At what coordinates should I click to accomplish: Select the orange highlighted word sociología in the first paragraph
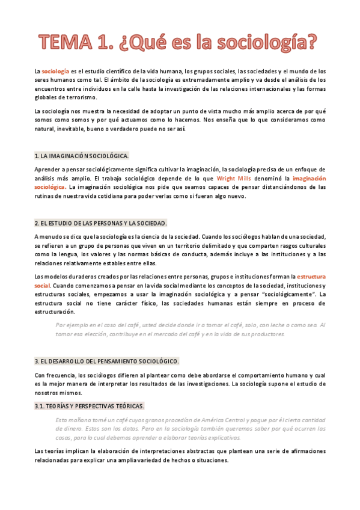coord(55,71)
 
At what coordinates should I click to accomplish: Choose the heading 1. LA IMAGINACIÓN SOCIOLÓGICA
coord(82,156)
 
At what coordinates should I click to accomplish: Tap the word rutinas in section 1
coord(45,196)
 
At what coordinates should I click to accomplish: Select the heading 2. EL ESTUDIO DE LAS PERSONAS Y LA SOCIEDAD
coord(101,223)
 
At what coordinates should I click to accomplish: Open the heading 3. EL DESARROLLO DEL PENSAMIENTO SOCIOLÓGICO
coord(107,361)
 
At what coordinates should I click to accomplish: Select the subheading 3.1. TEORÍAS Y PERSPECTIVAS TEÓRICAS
coord(90,406)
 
